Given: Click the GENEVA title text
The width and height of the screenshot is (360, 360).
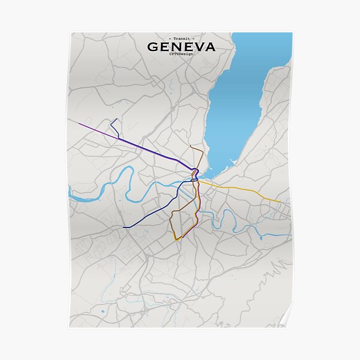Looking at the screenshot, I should tap(181, 47).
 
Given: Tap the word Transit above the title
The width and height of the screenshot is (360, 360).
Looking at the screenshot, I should tap(181, 38).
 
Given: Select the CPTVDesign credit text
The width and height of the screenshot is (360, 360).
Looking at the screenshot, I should tap(181, 55).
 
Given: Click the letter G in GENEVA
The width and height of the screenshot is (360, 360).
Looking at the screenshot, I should tap(154, 47).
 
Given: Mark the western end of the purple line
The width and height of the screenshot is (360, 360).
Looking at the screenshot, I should tap(79, 123).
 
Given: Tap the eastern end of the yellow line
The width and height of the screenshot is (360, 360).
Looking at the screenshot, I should tap(281, 202).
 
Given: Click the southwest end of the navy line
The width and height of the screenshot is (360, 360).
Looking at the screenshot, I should tap(124, 227).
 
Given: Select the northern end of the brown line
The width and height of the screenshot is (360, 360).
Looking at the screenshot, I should tap(191, 146).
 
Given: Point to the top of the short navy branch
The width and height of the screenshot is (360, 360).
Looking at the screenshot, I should tap(111, 119).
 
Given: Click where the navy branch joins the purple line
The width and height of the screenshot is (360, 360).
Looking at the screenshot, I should tap(119, 139).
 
